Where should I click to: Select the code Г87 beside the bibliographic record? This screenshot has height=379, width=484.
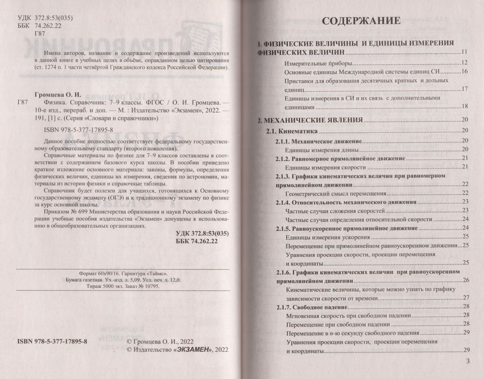pyautogui.click(x=23, y=101)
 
